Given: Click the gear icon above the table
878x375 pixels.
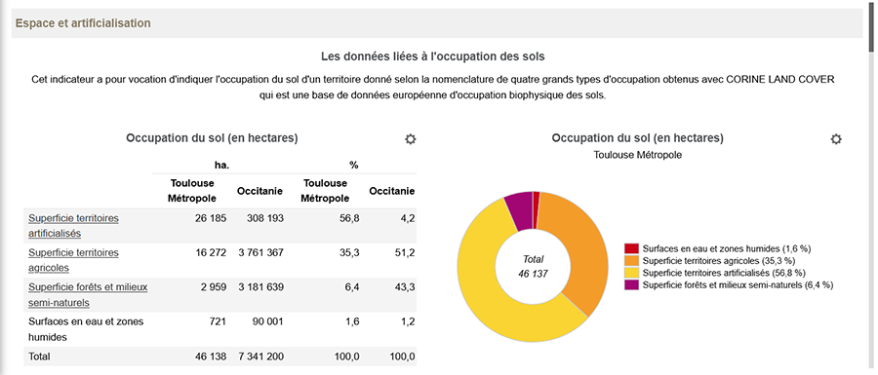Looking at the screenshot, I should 411,139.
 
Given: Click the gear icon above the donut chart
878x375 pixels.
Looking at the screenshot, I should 836,139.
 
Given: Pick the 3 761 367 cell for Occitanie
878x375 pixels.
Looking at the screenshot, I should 259,252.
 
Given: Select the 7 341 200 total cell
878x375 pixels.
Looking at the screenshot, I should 260,356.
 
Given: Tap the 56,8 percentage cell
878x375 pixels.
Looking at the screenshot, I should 348,218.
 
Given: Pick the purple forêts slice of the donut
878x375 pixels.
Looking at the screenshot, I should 519,208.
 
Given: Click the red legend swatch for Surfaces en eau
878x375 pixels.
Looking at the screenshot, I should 631,248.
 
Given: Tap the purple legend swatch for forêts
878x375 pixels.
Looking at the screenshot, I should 631,283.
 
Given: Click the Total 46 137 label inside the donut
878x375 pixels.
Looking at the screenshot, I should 533,266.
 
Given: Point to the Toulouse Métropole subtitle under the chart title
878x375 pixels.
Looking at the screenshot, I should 637,155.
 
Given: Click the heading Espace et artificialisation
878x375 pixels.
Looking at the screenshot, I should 82,22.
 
